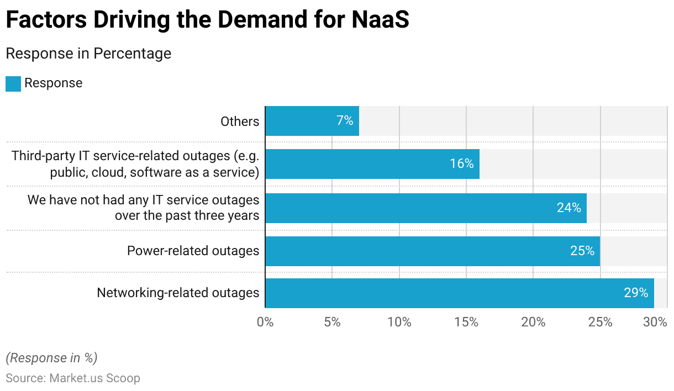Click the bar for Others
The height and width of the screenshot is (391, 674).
[312, 121]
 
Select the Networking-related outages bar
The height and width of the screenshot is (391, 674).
[459, 293]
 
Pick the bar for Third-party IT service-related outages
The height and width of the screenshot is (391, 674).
[372, 164]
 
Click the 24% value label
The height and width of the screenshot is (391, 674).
[568, 208]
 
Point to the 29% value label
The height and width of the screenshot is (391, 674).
[636, 293]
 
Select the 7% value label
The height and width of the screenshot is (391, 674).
[345, 121]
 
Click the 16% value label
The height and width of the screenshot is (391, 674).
[461, 164]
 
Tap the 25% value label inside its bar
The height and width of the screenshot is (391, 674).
[582, 251]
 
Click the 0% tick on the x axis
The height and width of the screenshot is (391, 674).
[265, 322]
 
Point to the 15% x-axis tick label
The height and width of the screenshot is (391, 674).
[466, 322]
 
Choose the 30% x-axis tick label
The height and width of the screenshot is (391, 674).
[655, 322]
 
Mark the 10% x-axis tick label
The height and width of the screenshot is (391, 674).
[399, 322]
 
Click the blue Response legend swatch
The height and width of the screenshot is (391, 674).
[13, 83]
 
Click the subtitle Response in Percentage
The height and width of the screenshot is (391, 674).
[88, 54]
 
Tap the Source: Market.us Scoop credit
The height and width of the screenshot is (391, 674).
[73, 378]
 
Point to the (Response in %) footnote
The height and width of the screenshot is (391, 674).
[51, 358]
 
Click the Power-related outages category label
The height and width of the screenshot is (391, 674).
[193, 251]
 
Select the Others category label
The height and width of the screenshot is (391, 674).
[240, 121]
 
